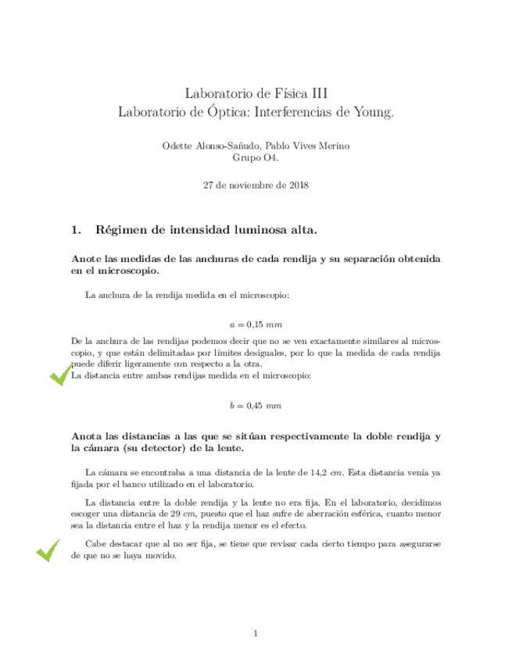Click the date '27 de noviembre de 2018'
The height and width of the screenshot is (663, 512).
(x=256, y=185)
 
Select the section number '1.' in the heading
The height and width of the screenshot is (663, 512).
(x=77, y=230)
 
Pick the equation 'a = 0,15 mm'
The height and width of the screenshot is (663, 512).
(x=256, y=324)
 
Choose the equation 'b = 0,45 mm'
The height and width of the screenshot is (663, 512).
(x=256, y=406)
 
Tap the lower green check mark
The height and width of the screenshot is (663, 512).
(x=48, y=550)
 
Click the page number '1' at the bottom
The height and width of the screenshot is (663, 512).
(x=256, y=633)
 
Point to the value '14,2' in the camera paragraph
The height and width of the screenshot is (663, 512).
(x=319, y=472)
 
